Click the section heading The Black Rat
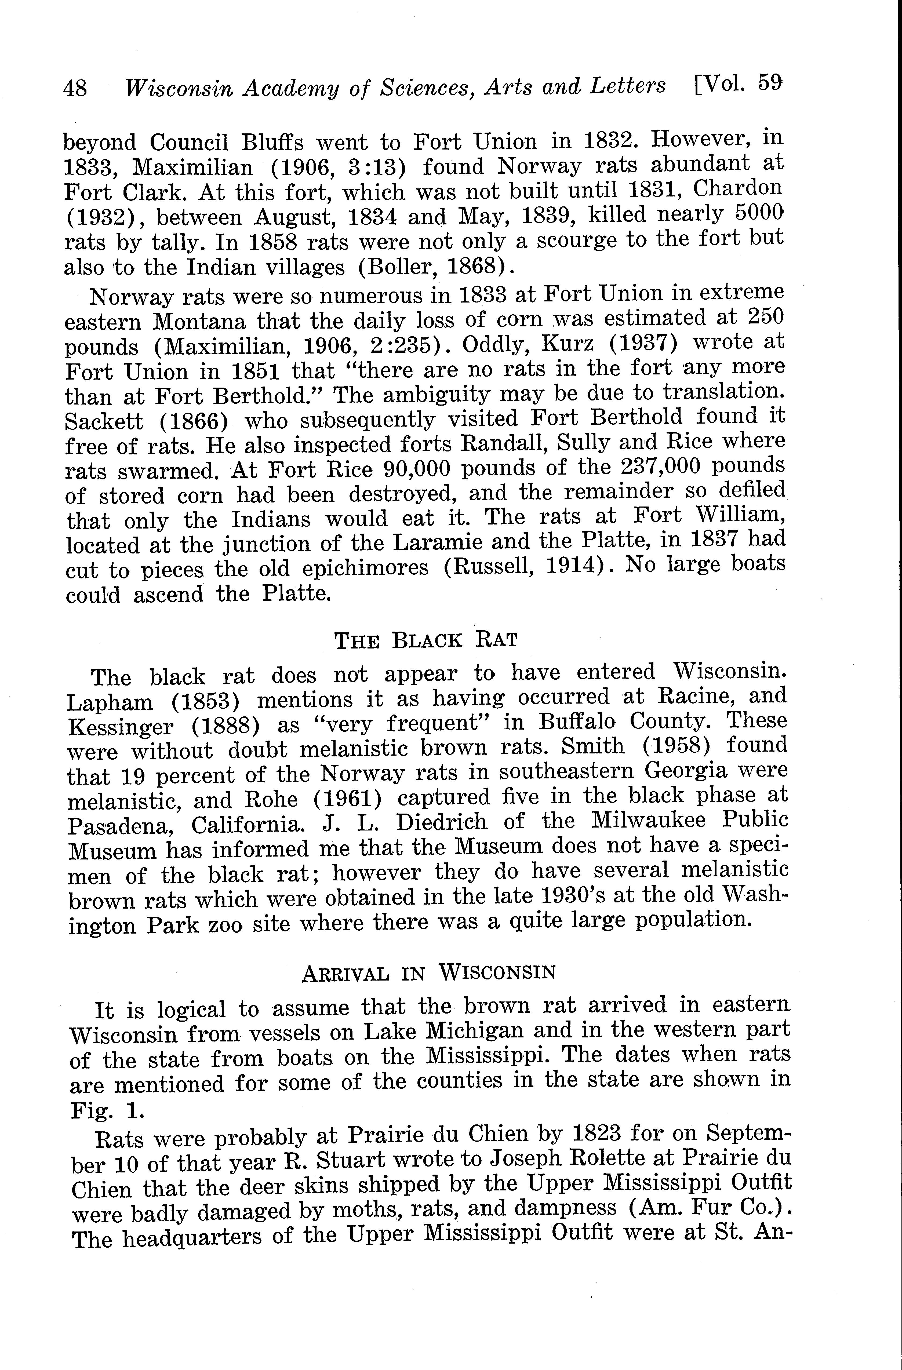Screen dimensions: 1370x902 tap(426, 640)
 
